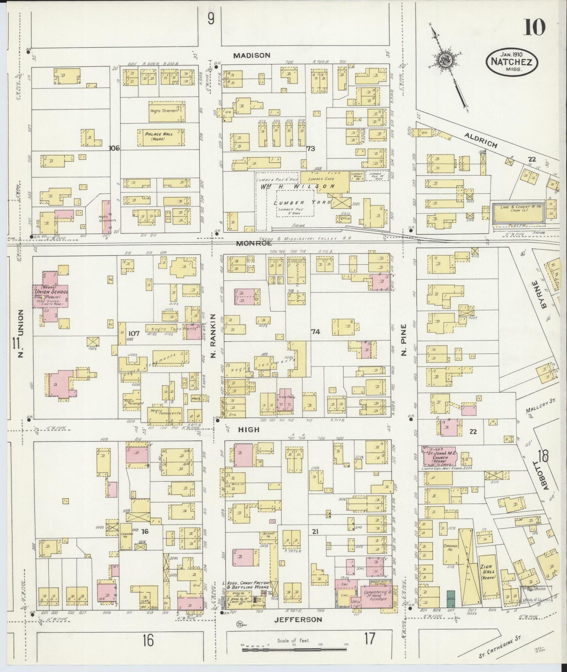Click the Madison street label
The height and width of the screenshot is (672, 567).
[252, 56]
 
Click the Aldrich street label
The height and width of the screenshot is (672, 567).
[480, 140]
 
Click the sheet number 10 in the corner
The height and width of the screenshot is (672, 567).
[533, 28]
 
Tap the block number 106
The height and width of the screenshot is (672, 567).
[115, 148]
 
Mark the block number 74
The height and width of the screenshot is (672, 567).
[315, 332]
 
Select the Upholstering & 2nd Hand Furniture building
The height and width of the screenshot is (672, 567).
[376, 596]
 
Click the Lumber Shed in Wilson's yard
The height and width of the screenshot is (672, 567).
[325, 182]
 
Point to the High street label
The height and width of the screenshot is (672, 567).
[249, 430]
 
